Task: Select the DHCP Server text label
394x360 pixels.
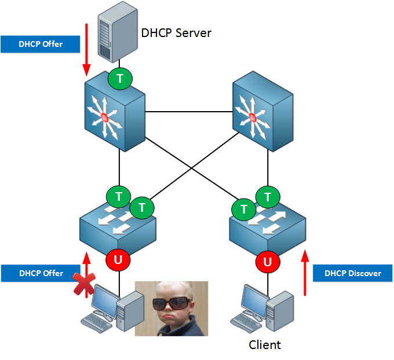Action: point(176,32)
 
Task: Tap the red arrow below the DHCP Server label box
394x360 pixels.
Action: point(87,50)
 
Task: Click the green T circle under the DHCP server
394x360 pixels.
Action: point(120,78)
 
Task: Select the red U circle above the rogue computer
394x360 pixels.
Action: point(118,260)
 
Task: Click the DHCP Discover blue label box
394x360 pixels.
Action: point(352,273)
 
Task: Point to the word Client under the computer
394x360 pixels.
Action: point(265,345)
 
